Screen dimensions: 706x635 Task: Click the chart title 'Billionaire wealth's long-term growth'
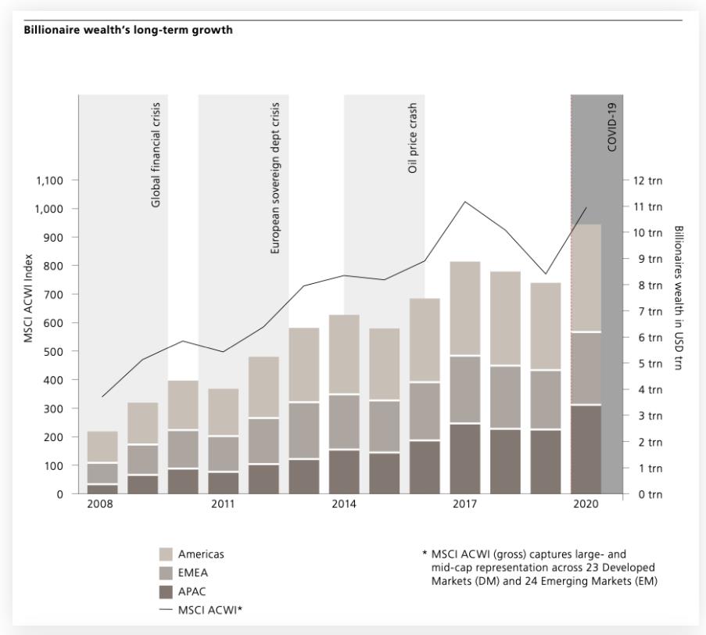(128, 30)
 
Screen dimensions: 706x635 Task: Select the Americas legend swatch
(166, 554)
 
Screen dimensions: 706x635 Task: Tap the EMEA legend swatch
(166, 573)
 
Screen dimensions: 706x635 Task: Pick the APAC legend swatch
(166, 592)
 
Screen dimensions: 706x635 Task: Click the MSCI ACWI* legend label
(210, 610)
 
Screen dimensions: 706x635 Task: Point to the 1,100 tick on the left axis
(49, 181)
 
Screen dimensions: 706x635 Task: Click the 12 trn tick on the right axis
(648, 181)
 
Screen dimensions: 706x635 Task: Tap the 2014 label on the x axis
(344, 504)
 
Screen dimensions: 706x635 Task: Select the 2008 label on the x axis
(100, 504)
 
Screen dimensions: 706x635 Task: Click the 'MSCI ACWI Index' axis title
(28, 299)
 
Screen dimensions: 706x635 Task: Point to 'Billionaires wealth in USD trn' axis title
(678, 298)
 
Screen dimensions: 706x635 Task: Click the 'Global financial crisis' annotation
(156, 155)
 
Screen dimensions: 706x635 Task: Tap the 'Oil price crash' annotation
(413, 138)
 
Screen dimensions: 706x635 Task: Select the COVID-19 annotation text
(611, 127)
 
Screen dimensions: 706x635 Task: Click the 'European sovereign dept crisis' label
(274, 178)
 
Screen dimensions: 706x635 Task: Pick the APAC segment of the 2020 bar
(586, 450)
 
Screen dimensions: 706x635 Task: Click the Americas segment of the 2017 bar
(465, 308)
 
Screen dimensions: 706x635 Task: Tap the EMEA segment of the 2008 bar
(102, 473)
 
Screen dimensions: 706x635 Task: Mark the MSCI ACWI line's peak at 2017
(465, 201)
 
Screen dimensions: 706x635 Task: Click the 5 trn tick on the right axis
(648, 364)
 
